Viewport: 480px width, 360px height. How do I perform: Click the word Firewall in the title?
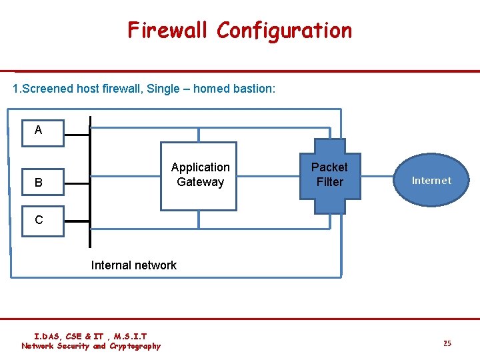[169, 31]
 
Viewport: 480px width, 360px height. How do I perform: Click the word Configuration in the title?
[284, 31]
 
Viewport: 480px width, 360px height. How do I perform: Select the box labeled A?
[39, 130]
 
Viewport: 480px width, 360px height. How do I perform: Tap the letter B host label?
[39, 182]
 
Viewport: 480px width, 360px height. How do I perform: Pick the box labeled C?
[39, 220]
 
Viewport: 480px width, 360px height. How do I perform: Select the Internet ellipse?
[431, 180]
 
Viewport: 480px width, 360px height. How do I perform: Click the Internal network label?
[133, 265]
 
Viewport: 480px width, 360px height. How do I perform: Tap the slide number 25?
[447, 343]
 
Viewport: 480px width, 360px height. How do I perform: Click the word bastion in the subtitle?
[251, 89]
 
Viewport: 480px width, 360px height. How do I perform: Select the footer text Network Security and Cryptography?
[91, 346]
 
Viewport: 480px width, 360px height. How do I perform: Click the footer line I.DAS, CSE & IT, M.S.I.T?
[91, 337]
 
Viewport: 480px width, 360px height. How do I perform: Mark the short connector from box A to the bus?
[77, 133]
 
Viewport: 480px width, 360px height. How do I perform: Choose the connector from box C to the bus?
[77, 221]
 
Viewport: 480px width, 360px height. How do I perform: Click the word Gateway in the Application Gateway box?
[200, 182]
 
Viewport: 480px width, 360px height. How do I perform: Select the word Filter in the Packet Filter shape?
[329, 182]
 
